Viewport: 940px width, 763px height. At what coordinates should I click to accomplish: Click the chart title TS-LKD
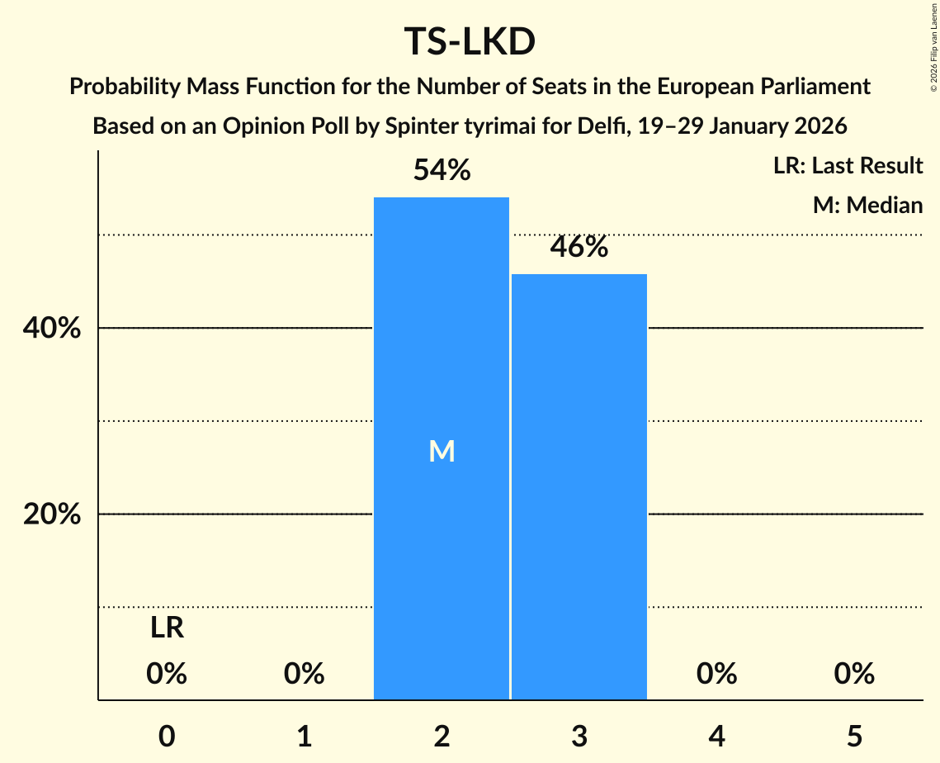coord(470,42)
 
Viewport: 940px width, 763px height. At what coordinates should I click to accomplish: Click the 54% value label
coord(442,171)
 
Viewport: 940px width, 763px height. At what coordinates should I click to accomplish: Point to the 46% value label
coord(579,247)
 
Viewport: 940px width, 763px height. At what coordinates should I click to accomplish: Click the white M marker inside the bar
coord(442,451)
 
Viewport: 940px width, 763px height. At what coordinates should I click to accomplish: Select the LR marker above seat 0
coord(167,629)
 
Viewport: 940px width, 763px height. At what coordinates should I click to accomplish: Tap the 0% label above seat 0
coord(167,675)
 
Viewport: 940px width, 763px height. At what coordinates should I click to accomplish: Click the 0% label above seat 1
coord(304,675)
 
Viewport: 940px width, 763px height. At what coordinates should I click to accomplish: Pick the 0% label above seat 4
coord(716,675)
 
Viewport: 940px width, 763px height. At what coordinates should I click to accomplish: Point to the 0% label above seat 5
coord(853,675)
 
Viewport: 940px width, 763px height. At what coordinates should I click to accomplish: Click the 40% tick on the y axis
coord(51,329)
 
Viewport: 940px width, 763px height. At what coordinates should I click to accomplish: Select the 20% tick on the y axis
coord(51,514)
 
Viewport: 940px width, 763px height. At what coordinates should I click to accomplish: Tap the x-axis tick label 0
coord(167,736)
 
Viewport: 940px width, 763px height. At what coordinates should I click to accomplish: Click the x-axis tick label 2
coord(442,736)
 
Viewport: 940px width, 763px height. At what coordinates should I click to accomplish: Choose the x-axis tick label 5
coord(853,736)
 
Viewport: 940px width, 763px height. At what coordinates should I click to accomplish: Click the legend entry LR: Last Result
coord(848,166)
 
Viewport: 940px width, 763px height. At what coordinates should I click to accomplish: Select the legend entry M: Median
coord(867,205)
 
